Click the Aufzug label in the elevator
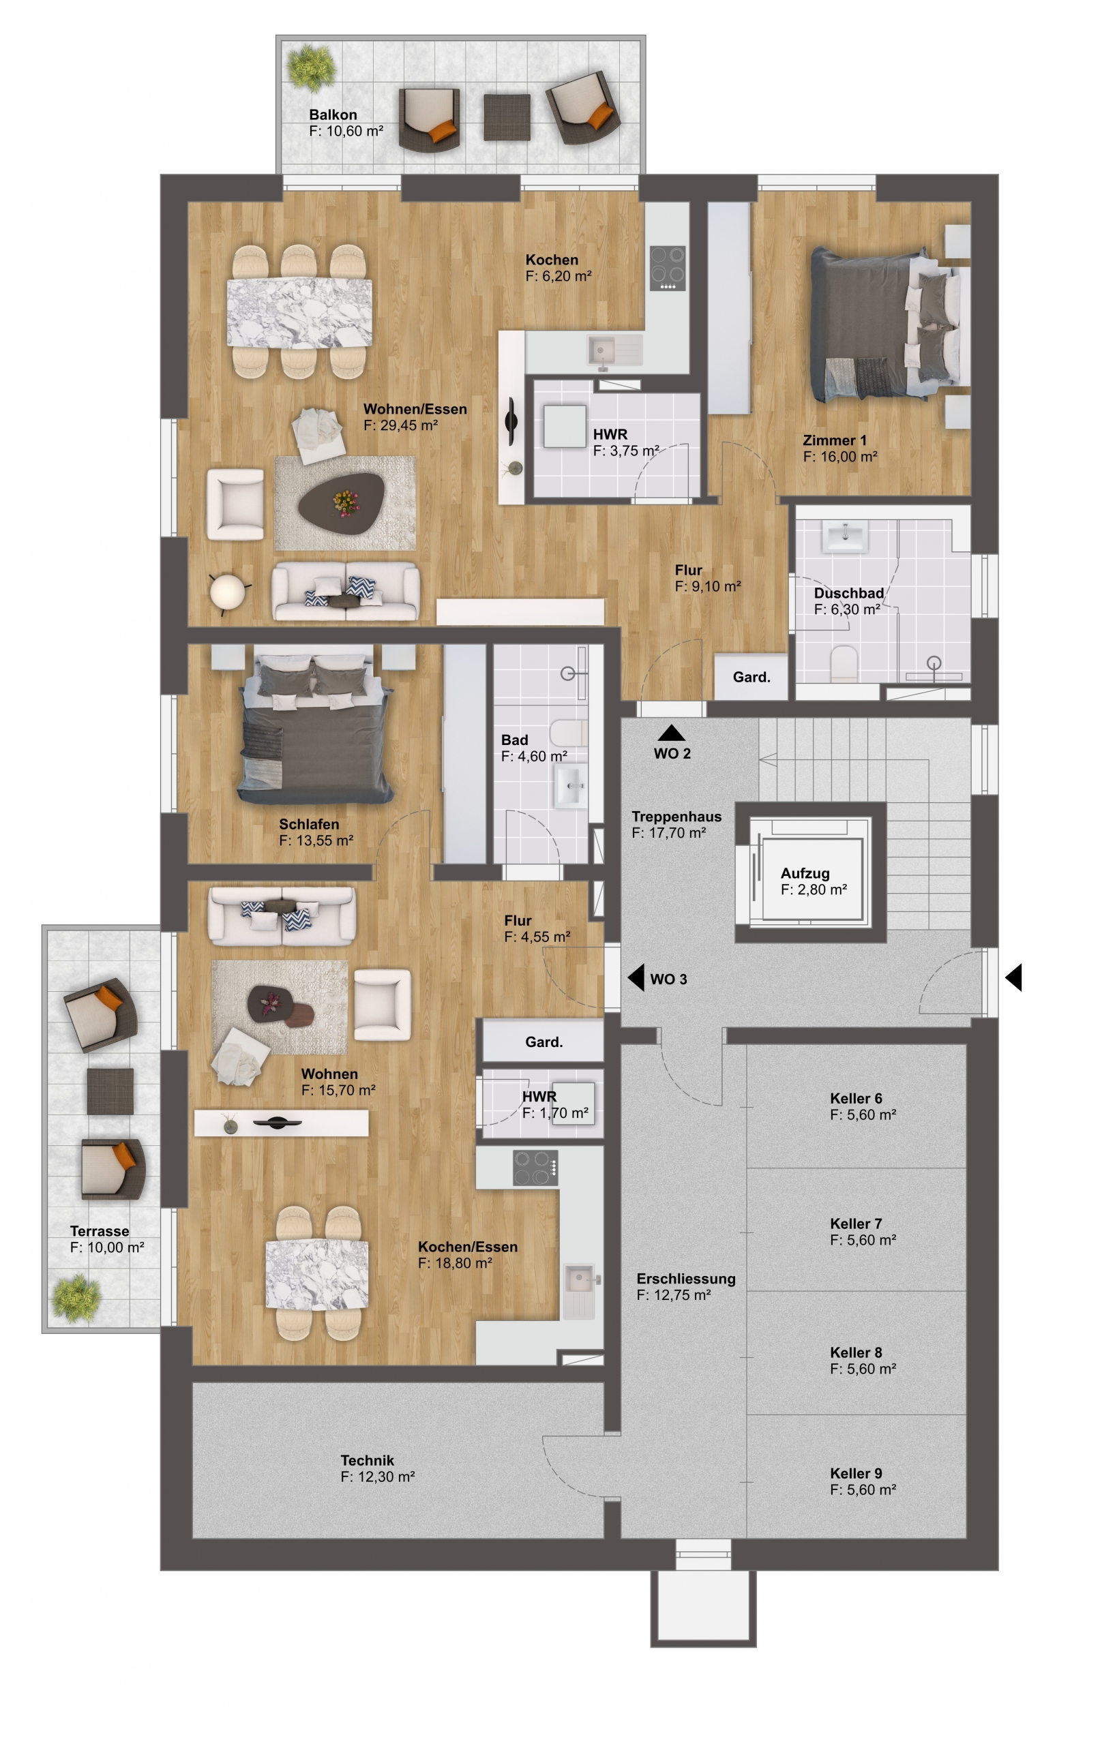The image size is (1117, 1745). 805,874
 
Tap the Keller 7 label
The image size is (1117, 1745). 856,1224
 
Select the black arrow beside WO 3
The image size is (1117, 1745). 636,977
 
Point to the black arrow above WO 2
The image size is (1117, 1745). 672,732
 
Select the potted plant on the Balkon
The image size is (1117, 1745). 311,67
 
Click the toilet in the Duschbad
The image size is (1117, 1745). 844,663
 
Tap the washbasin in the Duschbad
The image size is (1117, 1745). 845,536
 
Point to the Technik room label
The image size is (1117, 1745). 367,1460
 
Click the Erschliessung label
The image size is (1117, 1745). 685,1279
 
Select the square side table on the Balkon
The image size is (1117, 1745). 507,117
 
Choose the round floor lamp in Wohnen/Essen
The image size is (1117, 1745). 228,592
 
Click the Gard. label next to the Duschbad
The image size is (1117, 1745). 751,677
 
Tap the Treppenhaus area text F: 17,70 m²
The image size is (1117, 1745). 668,833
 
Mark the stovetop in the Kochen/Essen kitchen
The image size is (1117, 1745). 535,1167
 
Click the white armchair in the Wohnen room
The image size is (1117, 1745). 383,1005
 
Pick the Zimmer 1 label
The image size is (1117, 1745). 834,440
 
